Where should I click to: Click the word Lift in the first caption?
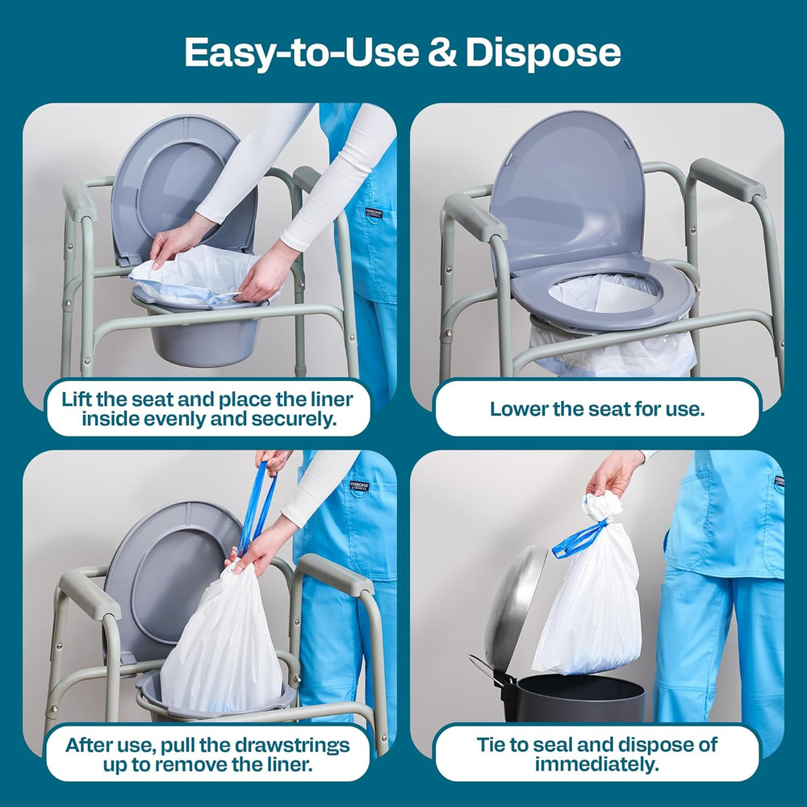[81, 399]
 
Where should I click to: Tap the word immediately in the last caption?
[596, 763]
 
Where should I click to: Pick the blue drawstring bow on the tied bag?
[579, 539]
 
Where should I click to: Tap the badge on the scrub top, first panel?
[372, 215]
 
